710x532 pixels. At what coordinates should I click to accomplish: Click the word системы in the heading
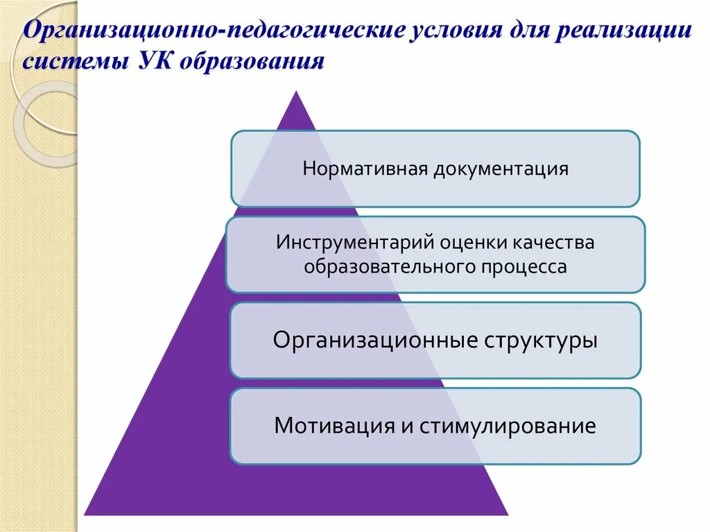[74, 62]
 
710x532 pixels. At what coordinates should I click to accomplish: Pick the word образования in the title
[252, 62]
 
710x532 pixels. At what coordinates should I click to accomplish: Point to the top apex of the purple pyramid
[297, 92]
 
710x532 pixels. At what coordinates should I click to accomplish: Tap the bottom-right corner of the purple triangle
[508, 514]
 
